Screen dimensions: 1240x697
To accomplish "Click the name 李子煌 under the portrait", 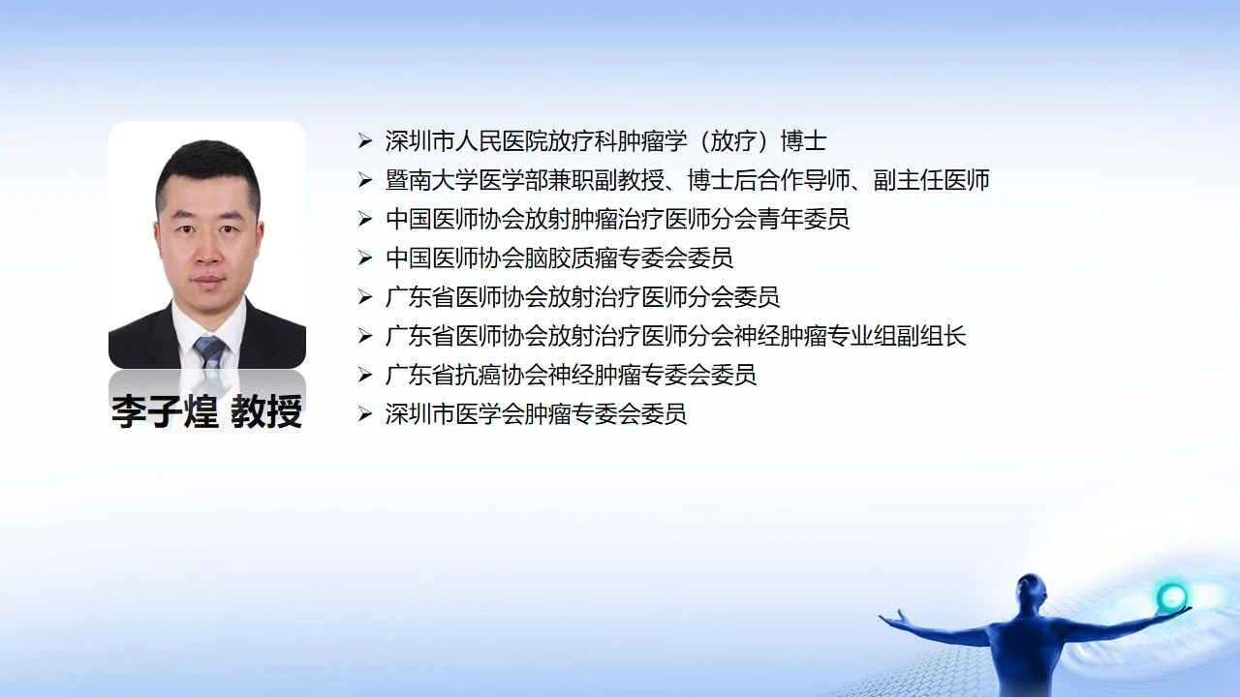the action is pos(165,411).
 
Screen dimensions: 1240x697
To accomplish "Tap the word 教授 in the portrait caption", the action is pos(266,411).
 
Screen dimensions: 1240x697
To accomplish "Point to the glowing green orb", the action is pos(1171,596).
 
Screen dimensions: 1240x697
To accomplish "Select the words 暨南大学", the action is pos(432,180).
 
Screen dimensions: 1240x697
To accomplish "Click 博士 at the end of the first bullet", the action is pos(804,141).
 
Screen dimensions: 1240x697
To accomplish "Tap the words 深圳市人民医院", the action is pos(467,141).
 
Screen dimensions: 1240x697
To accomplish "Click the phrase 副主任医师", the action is pos(932,180).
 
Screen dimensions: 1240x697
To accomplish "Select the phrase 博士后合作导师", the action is pos(769,180).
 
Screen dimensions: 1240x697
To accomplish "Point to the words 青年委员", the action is pos(804,219).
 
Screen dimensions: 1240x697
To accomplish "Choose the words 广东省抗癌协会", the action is pos(467,375).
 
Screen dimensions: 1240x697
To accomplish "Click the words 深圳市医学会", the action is pos(455,413).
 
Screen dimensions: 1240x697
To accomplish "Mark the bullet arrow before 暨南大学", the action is pos(365,180).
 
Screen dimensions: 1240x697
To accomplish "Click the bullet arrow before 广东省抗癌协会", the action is pos(365,375).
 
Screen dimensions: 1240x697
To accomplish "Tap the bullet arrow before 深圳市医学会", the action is pos(365,413).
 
